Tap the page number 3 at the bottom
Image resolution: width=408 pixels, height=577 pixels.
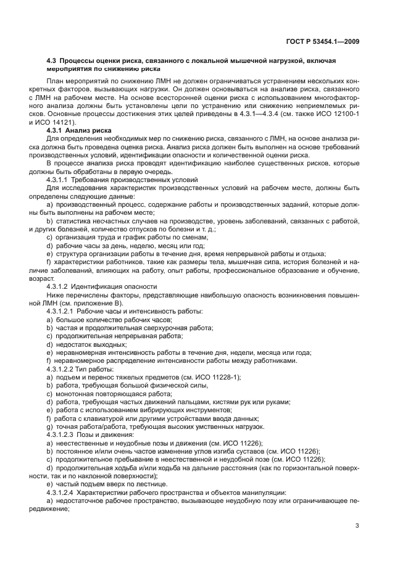click(x=357, y=526)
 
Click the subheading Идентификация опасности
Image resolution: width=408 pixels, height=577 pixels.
click(x=109, y=286)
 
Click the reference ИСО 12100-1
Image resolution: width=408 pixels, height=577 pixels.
click(x=336, y=114)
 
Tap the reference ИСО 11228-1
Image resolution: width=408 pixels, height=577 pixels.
click(x=214, y=376)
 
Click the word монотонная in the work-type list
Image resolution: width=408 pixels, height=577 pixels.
click(x=72, y=393)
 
